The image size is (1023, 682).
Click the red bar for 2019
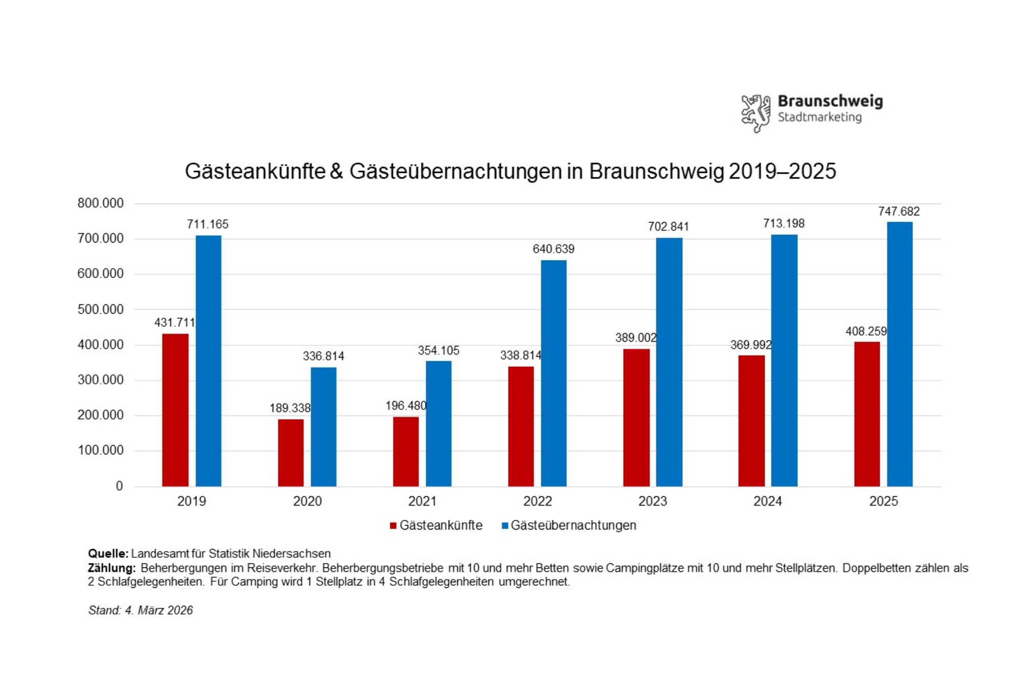click(175, 410)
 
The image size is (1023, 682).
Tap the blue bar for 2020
click(323, 427)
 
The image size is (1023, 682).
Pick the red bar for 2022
click(521, 426)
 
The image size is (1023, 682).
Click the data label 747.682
click(899, 211)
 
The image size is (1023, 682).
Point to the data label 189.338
click(290, 408)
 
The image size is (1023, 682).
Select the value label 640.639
click(553, 249)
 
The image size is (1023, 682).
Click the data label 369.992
click(750, 345)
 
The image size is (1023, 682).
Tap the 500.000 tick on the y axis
click(100, 310)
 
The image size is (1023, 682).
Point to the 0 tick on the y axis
click(119, 486)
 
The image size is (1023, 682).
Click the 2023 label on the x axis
click(653, 501)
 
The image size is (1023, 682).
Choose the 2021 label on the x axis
click(422, 501)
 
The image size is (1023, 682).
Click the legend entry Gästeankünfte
click(440, 525)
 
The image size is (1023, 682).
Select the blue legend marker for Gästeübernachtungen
click(505, 525)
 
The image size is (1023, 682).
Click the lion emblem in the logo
click(756, 113)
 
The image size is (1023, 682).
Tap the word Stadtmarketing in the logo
click(819, 117)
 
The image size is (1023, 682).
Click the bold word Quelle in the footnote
click(108, 554)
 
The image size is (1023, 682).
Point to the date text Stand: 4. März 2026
click(141, 610)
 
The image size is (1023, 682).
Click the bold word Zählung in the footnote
click(112, 568)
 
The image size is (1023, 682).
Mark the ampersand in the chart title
click(336, 171)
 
